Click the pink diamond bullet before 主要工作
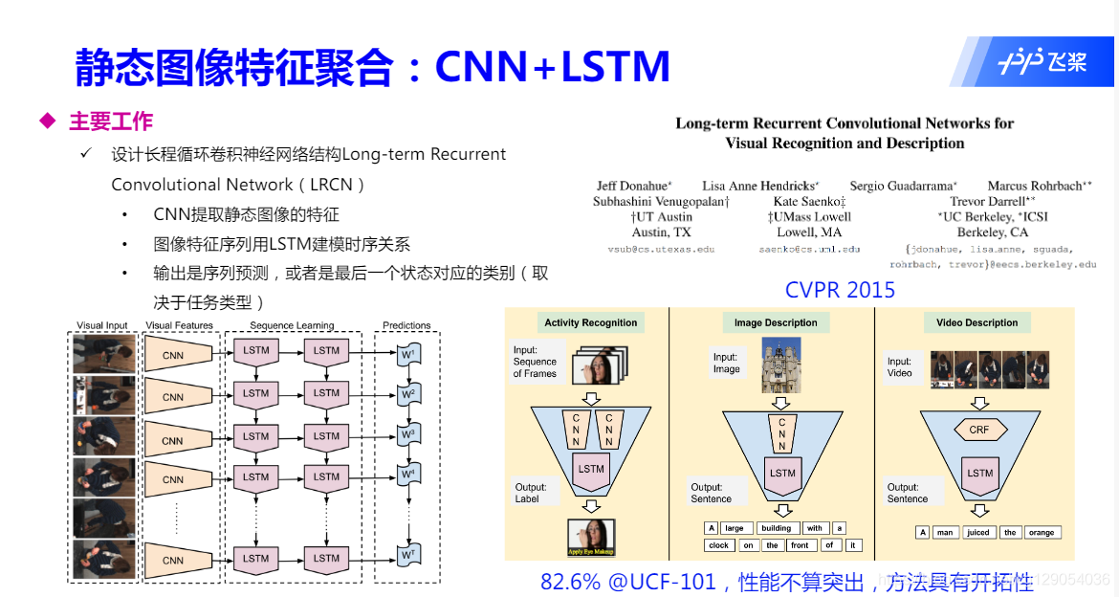pos(46,122)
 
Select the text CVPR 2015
pos(840,289)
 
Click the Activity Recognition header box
pos(590,322)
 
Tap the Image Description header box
pos(776,322)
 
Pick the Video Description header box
pos(977,322)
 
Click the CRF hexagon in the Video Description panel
pos(978,430)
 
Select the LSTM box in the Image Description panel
pos(782,473)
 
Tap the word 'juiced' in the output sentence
pos(977,533)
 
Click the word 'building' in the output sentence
pos(776,528)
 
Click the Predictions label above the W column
pos(406,325)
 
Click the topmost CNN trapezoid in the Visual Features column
pos(174,355)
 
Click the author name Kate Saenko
pos(809,202)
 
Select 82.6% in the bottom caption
pos(572,582)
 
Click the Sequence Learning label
pos(292,325)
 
